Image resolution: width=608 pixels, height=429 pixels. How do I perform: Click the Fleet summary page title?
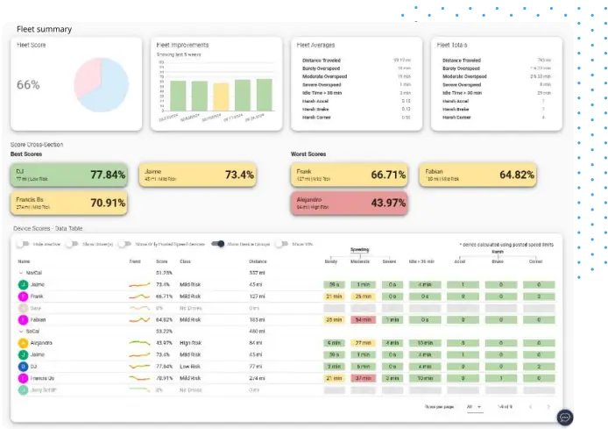[x=44, y=29]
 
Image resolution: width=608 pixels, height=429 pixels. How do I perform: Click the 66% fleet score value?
[x=28, y=85]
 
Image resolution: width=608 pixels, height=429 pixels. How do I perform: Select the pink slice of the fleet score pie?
[x=86, y=78]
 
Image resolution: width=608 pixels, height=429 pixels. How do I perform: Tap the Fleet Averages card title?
[x=315, y=45]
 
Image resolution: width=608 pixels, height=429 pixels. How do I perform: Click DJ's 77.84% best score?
[x=108, y=175]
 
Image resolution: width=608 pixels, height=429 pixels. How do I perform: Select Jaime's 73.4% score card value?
[x=239, y=175]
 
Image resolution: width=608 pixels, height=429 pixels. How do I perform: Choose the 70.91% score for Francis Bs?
[x=108, y=204]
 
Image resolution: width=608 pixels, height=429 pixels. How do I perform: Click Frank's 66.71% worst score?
[x=388, y=175]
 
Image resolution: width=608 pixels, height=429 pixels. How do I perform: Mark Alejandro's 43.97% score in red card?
[x=388, y=203]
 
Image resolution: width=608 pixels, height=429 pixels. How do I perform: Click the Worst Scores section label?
[x=308, y=154]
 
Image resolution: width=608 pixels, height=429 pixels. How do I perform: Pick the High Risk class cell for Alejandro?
[x=191, y=343]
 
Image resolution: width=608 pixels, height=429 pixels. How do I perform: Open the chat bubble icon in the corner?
[x=565, y=417]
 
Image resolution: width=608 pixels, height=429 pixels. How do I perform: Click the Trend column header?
[x=134, y=261]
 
